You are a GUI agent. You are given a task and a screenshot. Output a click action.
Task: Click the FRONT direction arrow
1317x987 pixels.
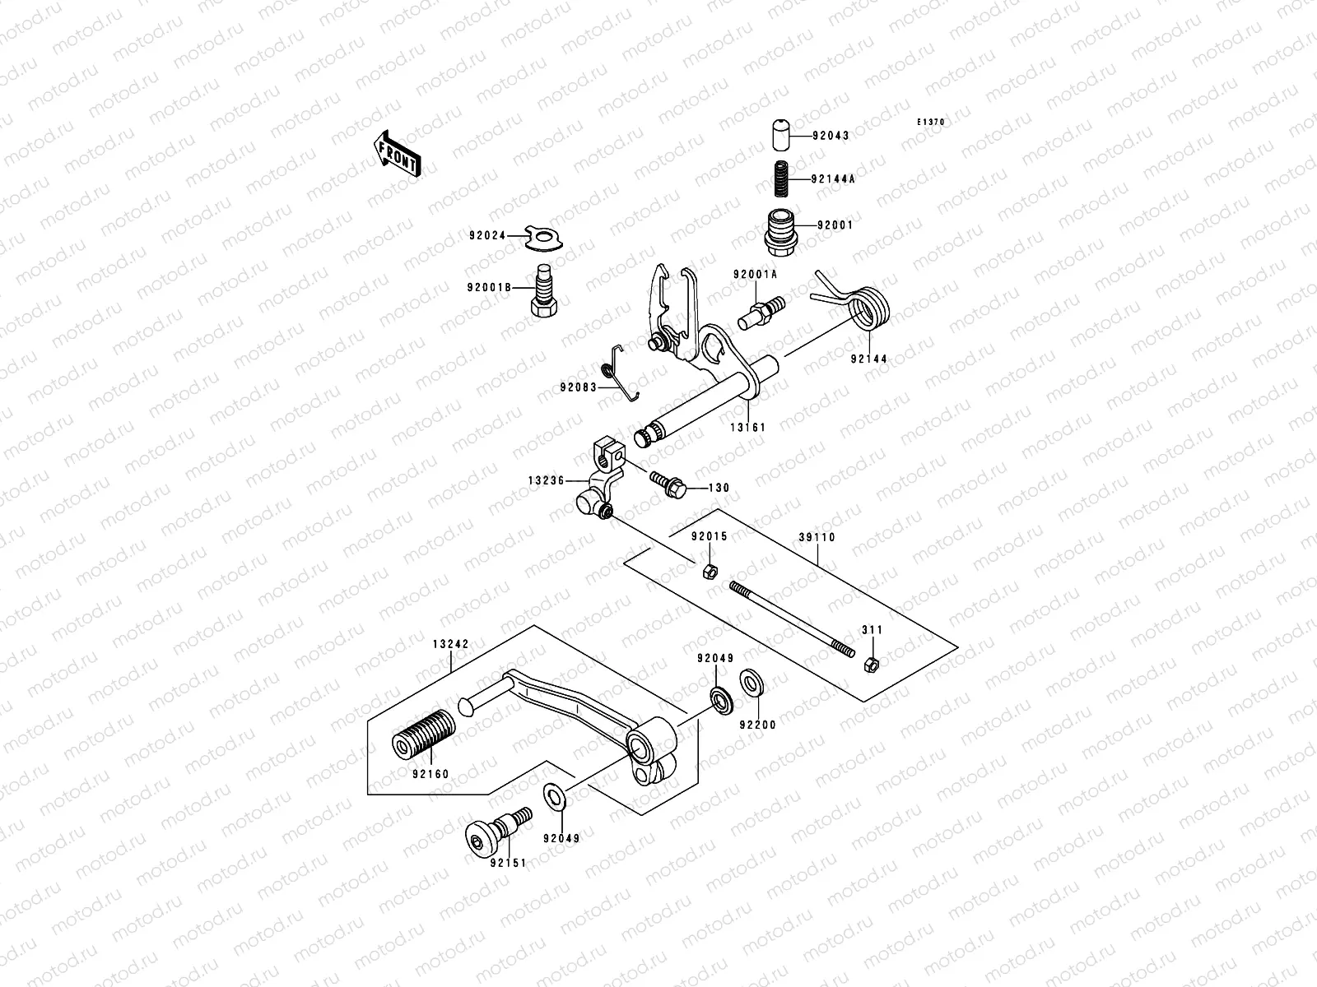(x=398, y=153)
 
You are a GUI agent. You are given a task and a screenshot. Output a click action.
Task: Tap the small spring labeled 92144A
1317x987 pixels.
(x=780, y=178)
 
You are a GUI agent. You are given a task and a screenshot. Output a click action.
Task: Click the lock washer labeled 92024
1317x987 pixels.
(x=546, y=236)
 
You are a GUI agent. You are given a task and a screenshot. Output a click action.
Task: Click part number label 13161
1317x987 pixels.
(x=747, y=427)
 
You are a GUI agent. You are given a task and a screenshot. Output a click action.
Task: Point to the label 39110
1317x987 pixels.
(x=817, y=537)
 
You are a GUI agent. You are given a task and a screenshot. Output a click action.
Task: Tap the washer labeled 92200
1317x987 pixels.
(x=751, y=681)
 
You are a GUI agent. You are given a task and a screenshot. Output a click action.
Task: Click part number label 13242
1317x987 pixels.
(x=450, y=645)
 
